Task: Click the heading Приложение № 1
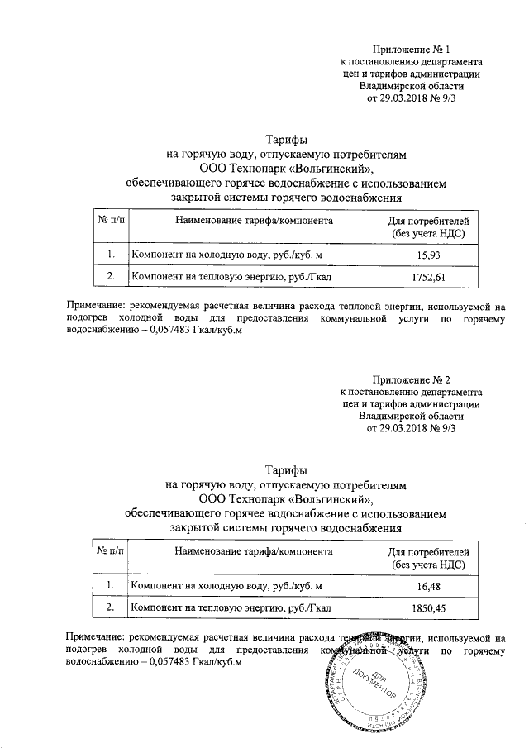tap(411, 50)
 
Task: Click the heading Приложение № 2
tap(411, 379)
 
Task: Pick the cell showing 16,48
tap(427, 586)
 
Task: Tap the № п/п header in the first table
tap(111, 222)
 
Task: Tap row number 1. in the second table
tap(111, 586)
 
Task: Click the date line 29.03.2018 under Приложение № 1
tap(411, 98)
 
